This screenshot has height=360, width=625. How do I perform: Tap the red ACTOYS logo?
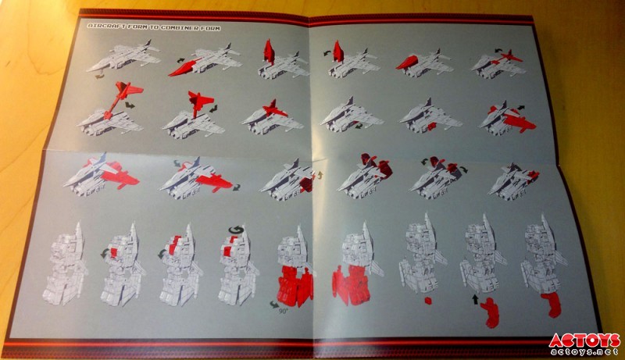584,341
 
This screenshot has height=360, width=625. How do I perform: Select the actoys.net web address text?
585,351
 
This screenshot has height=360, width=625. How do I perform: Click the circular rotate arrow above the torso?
236,230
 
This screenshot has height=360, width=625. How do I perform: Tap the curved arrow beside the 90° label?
274,305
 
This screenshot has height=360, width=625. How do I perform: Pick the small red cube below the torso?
428,299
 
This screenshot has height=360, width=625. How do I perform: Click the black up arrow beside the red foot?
475,299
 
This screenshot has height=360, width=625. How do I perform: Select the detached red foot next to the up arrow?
491,312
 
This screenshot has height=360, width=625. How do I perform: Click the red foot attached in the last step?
552,305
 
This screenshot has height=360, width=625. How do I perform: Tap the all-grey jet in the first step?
123,57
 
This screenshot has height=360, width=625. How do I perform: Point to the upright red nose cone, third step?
270,52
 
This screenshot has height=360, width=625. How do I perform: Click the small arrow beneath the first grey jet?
100,76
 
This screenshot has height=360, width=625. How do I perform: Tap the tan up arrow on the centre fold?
319,176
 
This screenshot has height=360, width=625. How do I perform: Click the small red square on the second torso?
115,252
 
